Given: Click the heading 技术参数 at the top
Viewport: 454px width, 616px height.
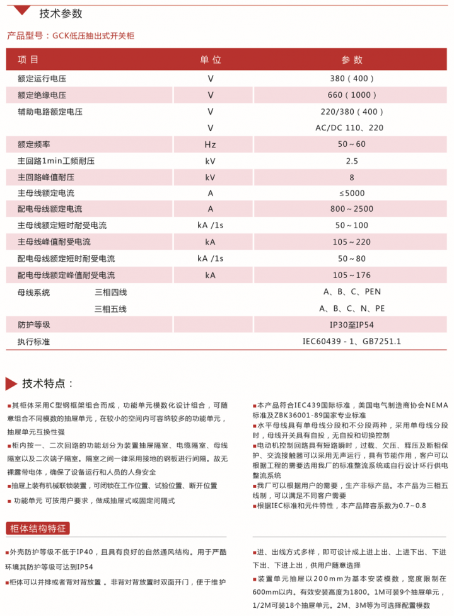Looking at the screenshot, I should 61,14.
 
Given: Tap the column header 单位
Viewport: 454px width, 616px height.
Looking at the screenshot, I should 211,60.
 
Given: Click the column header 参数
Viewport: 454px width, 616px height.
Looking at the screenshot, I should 352,60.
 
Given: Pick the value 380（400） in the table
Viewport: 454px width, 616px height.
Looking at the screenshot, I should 352,79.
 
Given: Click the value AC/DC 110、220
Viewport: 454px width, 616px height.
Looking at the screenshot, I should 352,128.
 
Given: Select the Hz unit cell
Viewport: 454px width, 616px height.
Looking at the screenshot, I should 211,144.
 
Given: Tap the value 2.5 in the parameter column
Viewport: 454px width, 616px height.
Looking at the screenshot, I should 352,161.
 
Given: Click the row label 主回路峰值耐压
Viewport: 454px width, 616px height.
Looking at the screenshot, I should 46,177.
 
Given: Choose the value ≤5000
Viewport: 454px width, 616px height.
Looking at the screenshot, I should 352,194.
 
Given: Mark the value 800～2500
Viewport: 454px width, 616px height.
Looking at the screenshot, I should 352,209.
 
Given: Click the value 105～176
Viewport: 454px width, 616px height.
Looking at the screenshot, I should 352,275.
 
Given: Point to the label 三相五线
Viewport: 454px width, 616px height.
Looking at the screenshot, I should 110,309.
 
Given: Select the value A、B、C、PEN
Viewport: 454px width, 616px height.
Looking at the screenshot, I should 352,292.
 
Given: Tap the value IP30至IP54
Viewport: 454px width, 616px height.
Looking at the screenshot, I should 352,325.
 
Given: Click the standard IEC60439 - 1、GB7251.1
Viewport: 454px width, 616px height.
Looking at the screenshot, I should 352,341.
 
